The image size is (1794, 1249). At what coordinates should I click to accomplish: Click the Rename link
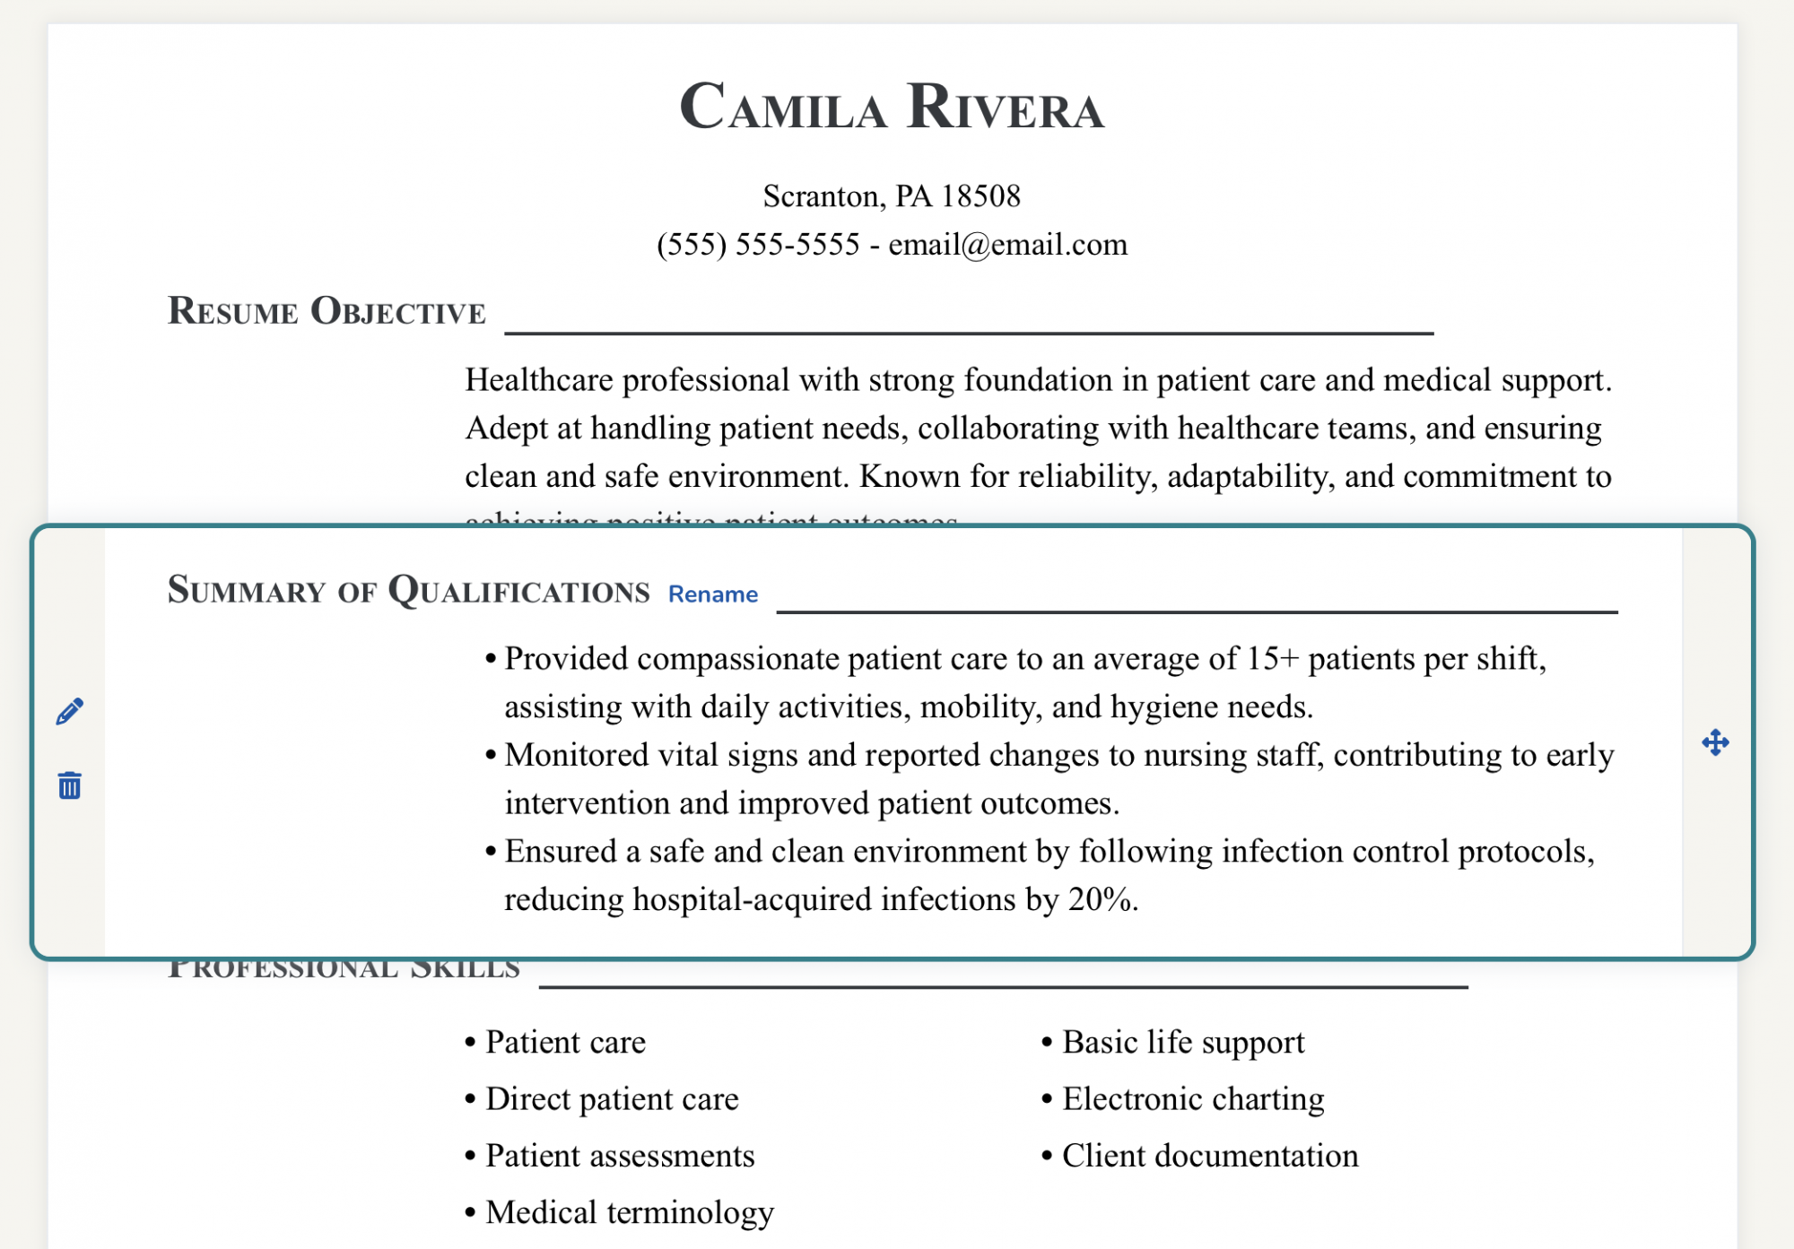coord(713,594)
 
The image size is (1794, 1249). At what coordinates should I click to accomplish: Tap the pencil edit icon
coord(70,711)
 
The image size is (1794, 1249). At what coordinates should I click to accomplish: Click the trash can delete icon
coord(70,785)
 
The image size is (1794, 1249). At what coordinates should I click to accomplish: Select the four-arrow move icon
coord(1715,742)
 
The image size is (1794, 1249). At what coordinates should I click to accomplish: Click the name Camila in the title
coord(782,108)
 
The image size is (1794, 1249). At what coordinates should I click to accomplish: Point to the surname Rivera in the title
coord(1006,108)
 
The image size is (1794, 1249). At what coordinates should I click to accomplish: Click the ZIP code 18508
coord(980,195)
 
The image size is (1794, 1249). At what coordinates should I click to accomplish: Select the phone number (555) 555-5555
coord(758,244)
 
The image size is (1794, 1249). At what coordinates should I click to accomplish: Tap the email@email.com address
coord(1007,244)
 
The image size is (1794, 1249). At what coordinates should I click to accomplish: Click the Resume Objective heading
coord(327,311)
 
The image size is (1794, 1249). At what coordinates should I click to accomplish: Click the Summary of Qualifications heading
coord(408,591)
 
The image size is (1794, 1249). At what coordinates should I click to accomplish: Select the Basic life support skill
coord(1182,1042)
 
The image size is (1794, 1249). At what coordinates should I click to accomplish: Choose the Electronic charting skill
coord(1192,1099)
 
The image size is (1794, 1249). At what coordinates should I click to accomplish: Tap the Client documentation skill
coord(1209,1156)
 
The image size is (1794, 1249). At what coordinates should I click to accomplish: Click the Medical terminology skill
coord(629,1212)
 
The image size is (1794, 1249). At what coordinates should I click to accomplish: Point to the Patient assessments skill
coord(619,1156)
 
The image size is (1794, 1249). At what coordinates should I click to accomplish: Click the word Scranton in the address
coord(820,195)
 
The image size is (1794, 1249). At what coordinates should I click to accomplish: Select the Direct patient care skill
coord(612,1099)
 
